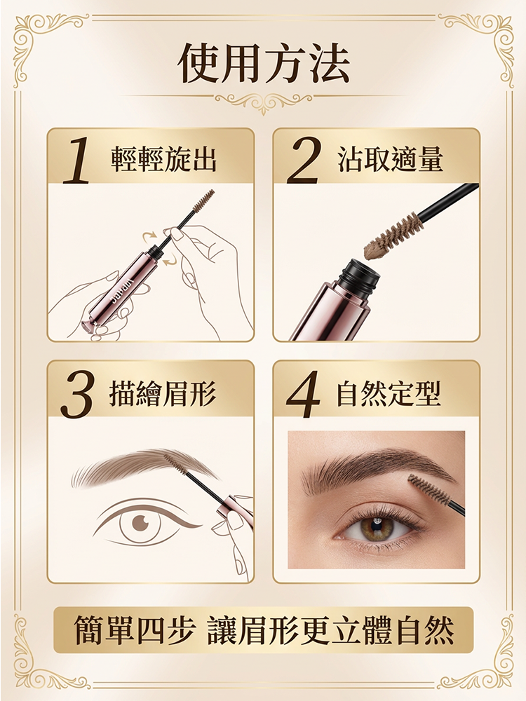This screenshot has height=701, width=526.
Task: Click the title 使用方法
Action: click(x=263, y=64)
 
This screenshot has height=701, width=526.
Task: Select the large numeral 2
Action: click(x=303, y=161)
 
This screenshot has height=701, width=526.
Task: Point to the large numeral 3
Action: click(x=76, y=395)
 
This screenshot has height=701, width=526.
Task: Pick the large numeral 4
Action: click(x=304, y=395)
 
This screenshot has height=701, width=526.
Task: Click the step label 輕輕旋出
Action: click(x=163, y=161)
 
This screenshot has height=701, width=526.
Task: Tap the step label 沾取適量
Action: click(x=390, y=161)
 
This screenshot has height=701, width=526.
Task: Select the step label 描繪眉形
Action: click(x=163, y=395)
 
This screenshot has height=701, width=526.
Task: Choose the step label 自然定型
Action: click(x=390, y=395)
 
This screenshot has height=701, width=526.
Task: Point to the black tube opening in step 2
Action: click(x=359, y=270)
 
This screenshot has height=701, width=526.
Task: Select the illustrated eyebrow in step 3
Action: click(x=133, y=468)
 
